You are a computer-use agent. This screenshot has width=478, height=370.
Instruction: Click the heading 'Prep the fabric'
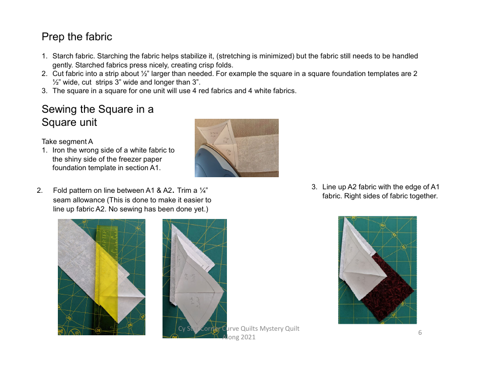point(76,37)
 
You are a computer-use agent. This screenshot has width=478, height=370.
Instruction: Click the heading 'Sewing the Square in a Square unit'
point(97,116)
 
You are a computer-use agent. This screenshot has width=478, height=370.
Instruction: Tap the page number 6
point(420,332)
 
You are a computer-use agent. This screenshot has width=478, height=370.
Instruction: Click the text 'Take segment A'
point(67,141)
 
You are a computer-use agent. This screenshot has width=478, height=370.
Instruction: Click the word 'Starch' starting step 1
point(62,56)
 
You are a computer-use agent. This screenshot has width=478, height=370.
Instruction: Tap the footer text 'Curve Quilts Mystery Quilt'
point(257,329)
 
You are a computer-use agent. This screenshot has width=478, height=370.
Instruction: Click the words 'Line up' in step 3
point(334,187)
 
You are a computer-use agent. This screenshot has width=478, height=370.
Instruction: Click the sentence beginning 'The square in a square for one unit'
point(174,91)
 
